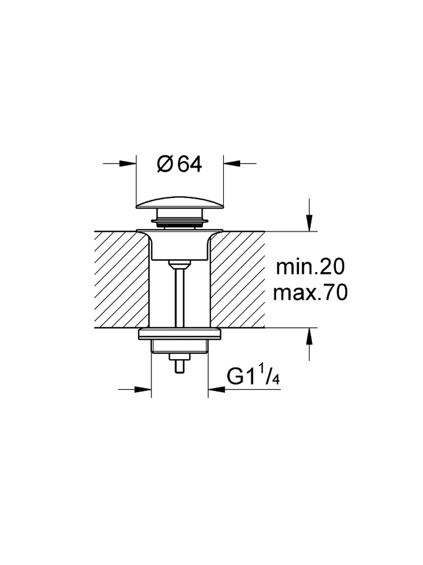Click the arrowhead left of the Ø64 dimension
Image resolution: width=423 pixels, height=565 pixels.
point(128,163)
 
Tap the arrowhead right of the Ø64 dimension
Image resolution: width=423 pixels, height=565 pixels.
point(232,163)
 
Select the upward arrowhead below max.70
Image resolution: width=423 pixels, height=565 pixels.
point(309,336)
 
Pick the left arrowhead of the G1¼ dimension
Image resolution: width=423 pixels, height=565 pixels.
point(143,396)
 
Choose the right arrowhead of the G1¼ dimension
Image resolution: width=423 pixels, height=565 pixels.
point(216,396)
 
